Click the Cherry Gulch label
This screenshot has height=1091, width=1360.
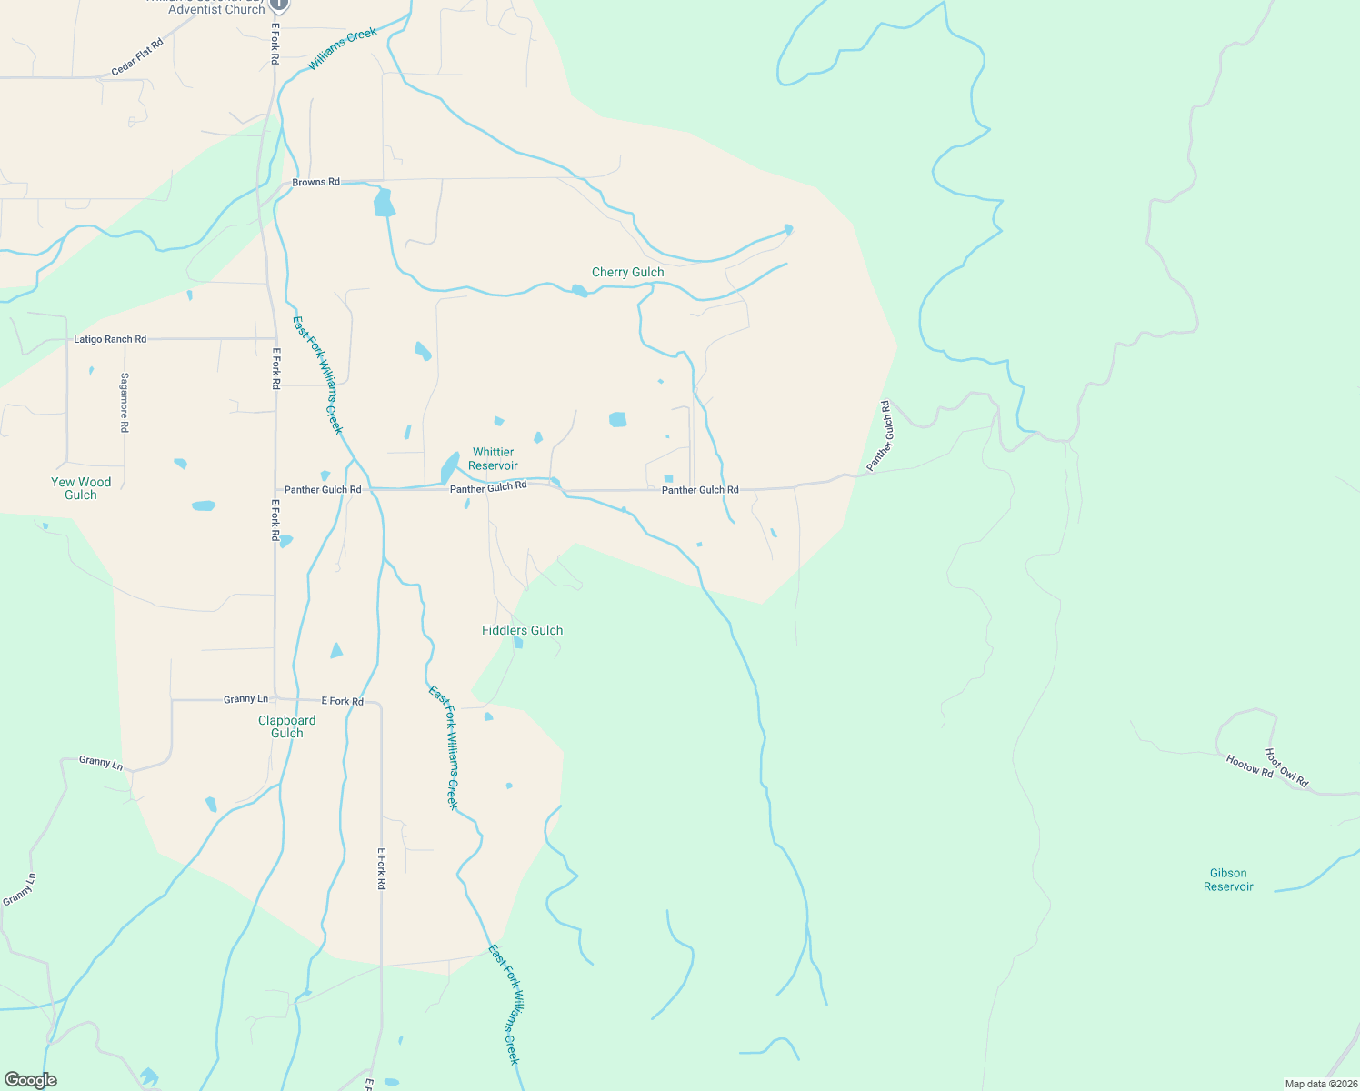tap(627, 272)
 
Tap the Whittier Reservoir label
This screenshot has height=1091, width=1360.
tap(493, 459)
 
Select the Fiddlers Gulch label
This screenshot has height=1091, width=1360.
tap(522, 630)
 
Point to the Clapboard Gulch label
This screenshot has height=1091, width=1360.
tap(287, 726)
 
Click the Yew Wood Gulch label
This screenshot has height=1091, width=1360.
tap(81, 488)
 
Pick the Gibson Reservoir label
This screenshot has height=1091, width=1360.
tap(1228, 879)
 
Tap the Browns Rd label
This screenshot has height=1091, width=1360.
tap(315, 182)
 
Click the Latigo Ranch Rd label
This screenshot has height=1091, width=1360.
tap(109, 339)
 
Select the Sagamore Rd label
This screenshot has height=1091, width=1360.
tap(125, 402)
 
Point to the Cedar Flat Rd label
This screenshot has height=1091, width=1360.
tap(137, 56)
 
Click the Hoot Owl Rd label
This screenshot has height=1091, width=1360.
tap(1286, 767)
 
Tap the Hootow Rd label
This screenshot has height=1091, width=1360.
tap(1249, 766)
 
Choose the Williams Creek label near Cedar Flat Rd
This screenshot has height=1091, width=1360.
tap(342, 49)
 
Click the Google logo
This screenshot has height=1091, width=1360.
tap(31, 1080)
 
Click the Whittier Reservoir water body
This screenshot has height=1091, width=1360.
tap(449, 468)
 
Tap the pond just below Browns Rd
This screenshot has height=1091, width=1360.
tap(384, 203)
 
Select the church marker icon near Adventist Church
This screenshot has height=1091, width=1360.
tap(279, 5)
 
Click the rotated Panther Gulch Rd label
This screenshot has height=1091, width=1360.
tap(879, 436)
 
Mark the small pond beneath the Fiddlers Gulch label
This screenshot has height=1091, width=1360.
tap(518, 643)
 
